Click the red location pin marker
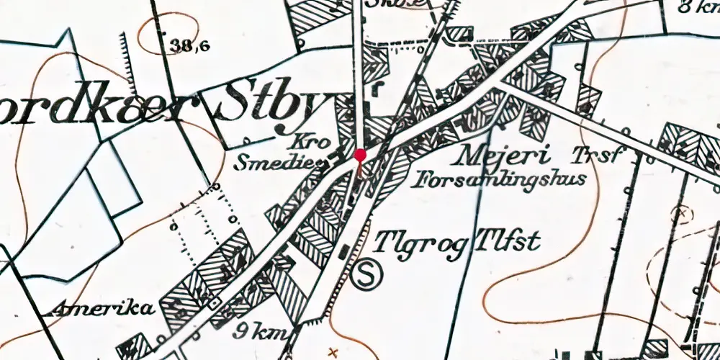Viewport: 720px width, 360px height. click(x=360, y=154)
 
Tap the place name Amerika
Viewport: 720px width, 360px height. click(x=104, y=310)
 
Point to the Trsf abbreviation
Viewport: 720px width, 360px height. click(x=595, y=154)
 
